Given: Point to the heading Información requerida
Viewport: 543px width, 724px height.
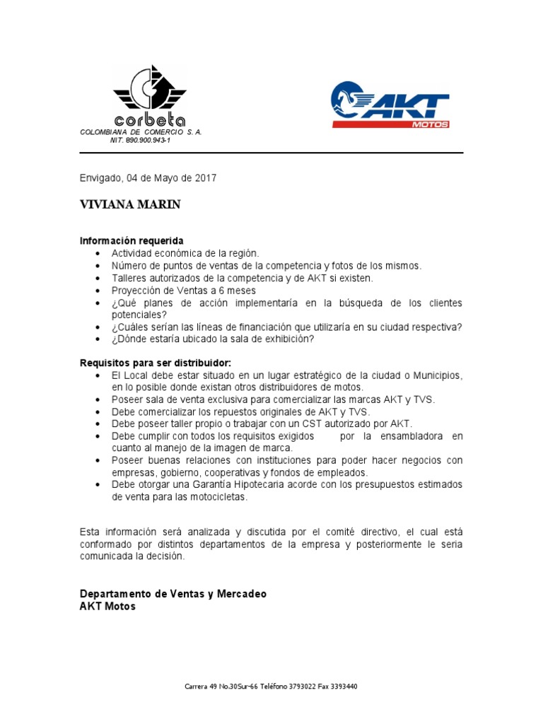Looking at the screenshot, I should click(x=132, y=241).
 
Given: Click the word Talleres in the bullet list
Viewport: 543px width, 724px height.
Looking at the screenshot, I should click(x=130, y=278).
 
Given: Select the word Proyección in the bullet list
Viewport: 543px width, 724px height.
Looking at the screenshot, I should click(x=137, y=291).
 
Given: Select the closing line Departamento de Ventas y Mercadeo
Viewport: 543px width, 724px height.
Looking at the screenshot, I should click(x=173, y=594).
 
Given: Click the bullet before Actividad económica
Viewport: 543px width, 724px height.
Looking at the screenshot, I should click(x=97, y=254).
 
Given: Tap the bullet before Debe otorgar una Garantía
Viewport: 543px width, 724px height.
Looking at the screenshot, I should click(x=97, y=485).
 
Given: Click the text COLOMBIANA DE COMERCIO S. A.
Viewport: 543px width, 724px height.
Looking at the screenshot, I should click(x=141, y=132).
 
